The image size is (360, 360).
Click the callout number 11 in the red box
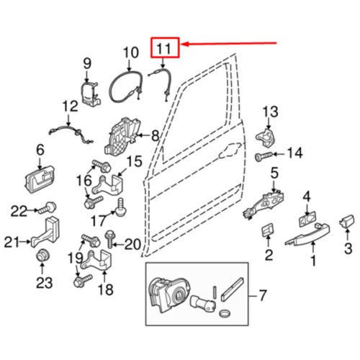click(x=165, y=49)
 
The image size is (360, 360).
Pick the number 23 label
click(x=45, y=283)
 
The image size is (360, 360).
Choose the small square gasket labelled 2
click(x=266, y=230)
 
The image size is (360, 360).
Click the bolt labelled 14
click(x=264, y=154)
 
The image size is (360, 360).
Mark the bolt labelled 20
click(x=110, y=237)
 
